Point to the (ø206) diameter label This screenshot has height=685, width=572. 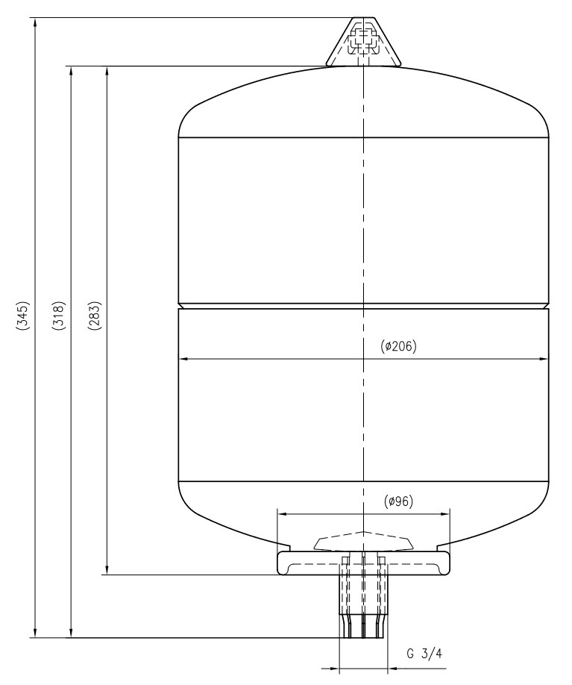point(399,346)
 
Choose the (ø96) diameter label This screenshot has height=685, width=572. point(400,501)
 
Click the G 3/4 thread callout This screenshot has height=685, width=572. point(424,654)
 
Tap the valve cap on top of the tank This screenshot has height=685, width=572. point(363,42)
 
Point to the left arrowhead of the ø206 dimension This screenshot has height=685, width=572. point(183,359)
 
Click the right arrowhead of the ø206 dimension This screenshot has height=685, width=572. point(544,359)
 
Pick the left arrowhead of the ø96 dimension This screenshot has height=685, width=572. point(281,513)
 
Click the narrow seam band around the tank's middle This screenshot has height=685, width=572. point(363,306)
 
